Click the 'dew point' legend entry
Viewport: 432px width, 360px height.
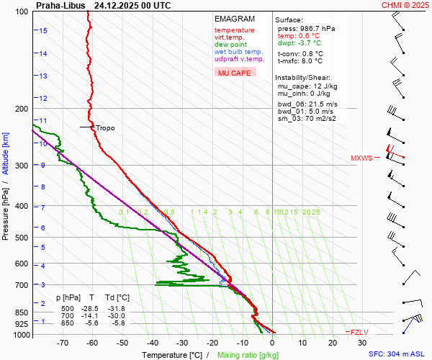click(230, 45)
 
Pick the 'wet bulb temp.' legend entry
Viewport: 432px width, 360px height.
click(238, 52)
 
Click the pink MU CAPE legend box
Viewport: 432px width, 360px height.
click(234, 73)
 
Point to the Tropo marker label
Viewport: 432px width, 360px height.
click(105, 128)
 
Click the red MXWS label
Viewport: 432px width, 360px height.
click(361, 158)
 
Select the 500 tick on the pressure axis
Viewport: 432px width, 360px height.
click(22, 238)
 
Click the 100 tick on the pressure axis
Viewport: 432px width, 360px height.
click(22, 12)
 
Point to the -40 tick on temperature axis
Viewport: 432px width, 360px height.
click(152, 343)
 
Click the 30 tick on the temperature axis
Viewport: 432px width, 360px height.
click(361, 343)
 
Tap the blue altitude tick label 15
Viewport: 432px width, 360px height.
click(43, 30)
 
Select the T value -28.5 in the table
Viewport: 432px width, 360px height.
click(92, 309)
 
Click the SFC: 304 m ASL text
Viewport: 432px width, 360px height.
click(398, 354)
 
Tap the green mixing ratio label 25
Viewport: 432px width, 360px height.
click(315, 212)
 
